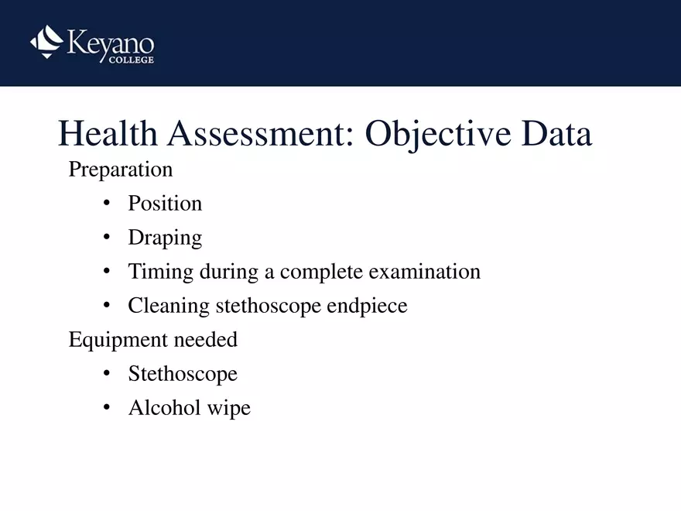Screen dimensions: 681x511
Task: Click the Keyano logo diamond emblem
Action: (46, 42)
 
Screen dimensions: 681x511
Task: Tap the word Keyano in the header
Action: (111, 44)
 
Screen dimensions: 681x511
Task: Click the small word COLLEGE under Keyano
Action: (131, 60)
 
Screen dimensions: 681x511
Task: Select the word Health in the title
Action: (108, 133)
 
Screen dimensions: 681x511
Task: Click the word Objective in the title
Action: (438, 135)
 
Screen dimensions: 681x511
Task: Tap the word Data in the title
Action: (556, 133)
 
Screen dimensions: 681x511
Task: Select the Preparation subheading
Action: (121, 170)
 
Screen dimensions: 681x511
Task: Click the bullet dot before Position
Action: (107, 203)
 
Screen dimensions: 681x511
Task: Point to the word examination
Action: (425, 272)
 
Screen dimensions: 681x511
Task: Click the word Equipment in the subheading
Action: (118, 340)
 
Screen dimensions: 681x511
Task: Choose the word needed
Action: (205, 339)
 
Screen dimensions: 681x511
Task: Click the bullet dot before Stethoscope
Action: (107, 373)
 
